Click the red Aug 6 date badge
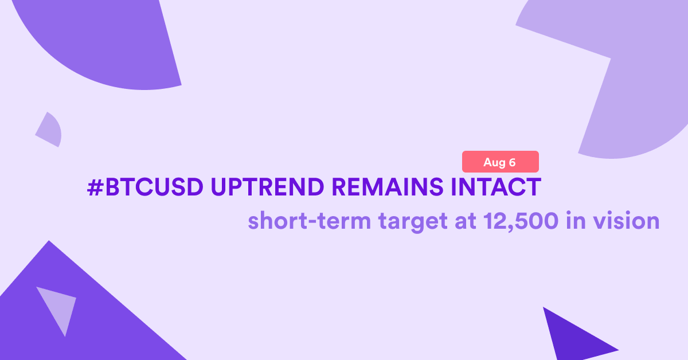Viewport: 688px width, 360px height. (x=501, y=162)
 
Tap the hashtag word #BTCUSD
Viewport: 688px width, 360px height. (x=145, y=187)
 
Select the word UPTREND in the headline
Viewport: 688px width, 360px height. (x=267, y=187)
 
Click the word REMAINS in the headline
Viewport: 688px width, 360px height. (x=388, y=187)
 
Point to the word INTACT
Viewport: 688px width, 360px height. (x=496, y=187)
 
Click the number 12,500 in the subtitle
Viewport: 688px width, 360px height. (x=521, y=221)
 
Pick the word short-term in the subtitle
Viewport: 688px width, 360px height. (x=309, y=221)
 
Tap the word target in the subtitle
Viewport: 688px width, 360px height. (x=412, y=222)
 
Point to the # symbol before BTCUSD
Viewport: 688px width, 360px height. (x=95, y=187)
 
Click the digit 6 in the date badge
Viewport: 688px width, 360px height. (x=512, y=162)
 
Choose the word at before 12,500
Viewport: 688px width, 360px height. (x=466, y=221)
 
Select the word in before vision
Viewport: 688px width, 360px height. (x=575, y=220)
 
